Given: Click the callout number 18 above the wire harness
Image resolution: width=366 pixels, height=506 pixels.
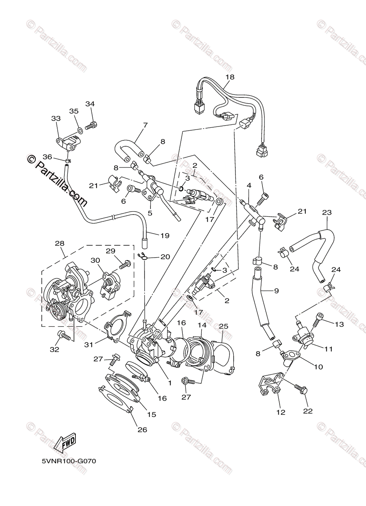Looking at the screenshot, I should tap(230, 77).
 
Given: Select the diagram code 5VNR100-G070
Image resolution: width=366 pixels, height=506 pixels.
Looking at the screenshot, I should tap(69, 461).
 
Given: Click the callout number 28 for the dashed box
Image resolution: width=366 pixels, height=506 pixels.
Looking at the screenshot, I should tap(59, 243).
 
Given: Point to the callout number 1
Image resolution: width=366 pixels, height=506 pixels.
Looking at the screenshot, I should tap(170, 383).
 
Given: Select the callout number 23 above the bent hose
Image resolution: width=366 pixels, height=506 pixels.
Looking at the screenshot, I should tap(327, 213).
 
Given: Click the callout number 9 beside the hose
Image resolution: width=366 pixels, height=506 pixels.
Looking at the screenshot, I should tap(276, 290).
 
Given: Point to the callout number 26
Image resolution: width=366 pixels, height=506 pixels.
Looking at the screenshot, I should tap(142, 430).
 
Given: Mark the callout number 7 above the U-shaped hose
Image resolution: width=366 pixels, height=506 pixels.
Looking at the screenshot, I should tap(145, 125).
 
